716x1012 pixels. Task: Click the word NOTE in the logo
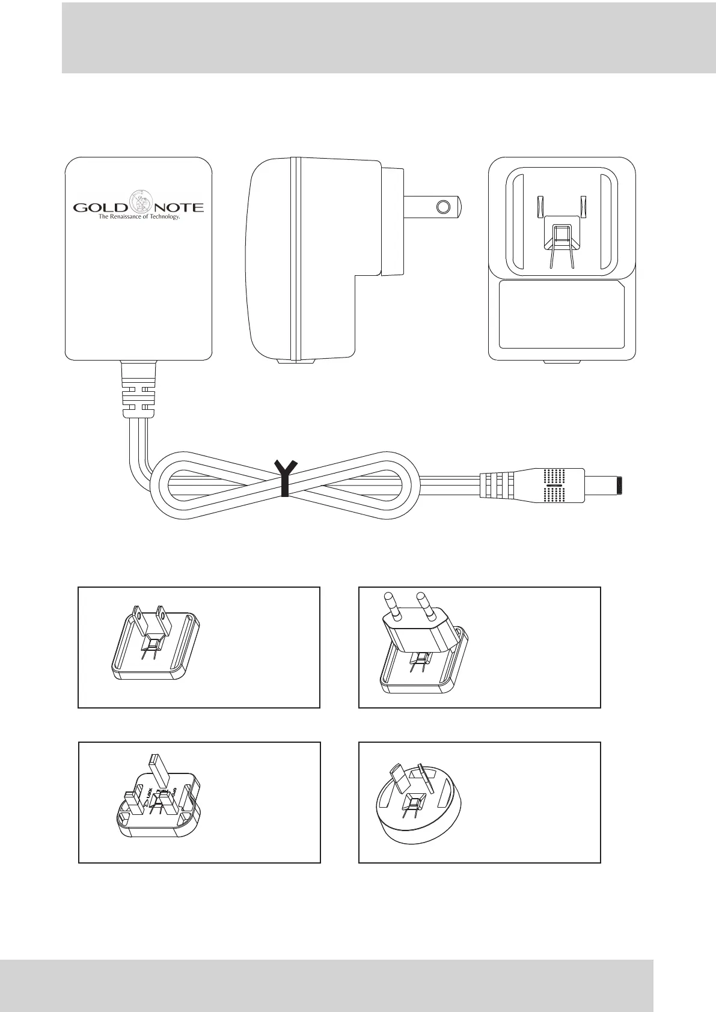[180, 208]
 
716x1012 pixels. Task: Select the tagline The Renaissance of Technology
[139, 217]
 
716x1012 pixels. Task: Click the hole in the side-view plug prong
[444, 207]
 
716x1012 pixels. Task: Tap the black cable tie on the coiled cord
[284, 479]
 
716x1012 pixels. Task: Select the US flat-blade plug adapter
[156, 646]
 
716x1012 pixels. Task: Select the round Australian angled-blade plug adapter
[417, 803]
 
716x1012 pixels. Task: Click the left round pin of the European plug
[388, 605]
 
